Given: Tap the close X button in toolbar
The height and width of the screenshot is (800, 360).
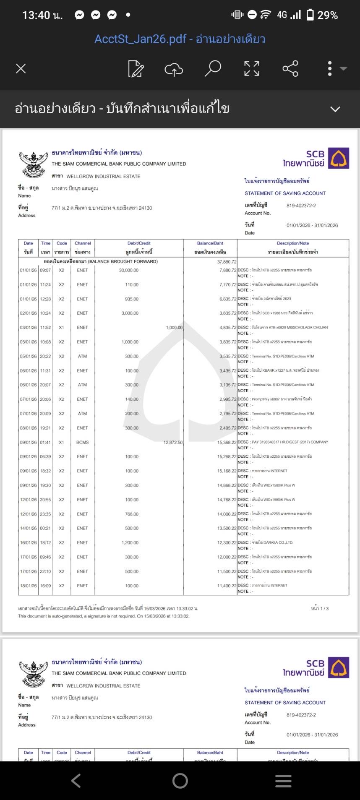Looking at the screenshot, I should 21,68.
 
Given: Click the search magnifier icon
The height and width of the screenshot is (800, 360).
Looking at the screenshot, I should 213,68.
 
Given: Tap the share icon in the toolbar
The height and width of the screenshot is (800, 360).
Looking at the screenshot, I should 290,68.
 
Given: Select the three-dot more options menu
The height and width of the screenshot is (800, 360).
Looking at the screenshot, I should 330,68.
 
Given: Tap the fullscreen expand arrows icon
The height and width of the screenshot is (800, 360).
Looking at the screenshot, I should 252,68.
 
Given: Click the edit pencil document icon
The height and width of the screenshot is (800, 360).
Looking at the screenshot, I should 136,68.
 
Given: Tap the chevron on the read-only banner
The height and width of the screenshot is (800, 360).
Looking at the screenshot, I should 335,109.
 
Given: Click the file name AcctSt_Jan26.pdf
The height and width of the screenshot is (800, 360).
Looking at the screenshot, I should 140,39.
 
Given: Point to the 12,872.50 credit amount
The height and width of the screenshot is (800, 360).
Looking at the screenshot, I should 173,442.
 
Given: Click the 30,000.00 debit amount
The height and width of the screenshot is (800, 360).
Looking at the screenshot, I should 129,270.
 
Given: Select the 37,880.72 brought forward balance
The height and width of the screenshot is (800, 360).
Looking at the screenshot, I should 227,261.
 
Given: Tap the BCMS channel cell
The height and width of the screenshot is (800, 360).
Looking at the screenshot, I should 82,442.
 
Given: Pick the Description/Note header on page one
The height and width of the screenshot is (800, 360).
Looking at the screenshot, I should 293,243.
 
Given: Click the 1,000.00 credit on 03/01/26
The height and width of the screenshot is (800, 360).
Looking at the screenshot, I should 174,328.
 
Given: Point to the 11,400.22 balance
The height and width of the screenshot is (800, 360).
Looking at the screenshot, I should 227,586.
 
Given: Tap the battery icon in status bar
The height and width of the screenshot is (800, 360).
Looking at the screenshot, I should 310,15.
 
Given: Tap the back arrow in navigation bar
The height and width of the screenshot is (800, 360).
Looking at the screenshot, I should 76,780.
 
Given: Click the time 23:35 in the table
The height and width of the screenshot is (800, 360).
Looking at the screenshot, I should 45,514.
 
